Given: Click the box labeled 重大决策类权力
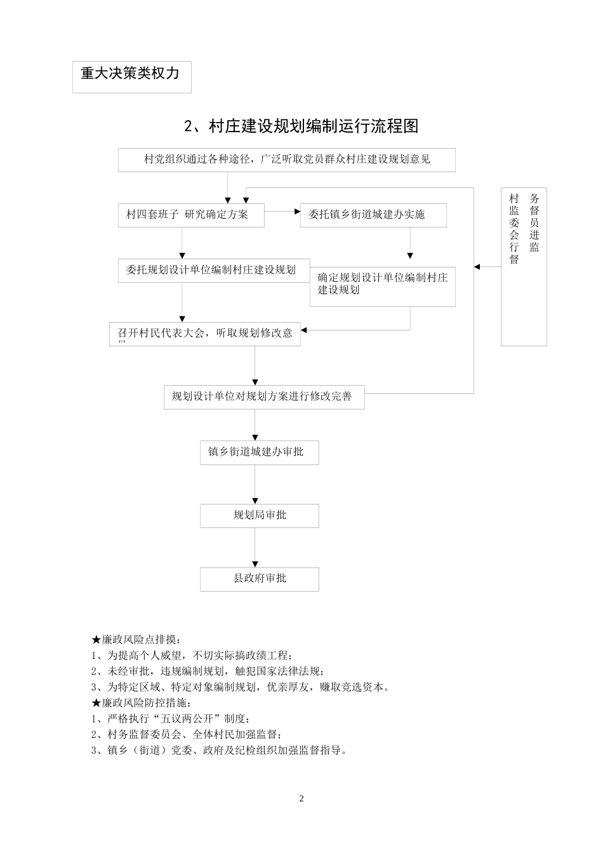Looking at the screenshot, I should tap(131, 76).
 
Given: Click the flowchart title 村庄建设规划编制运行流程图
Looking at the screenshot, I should tap(301, 126).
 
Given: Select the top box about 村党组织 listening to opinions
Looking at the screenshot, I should tap(286, 159).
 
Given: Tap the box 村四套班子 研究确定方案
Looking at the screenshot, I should tap(191, 215).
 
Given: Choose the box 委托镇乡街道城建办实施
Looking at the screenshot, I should tap(373, 215).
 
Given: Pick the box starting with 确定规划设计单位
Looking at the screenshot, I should tap(382, 286).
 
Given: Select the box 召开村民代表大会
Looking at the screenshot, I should tap(204, 334).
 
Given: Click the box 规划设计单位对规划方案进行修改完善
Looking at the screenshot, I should tap(263, 396).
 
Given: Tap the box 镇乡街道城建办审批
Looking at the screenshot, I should tap(259, 452).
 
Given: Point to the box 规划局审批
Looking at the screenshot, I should tap(259, 515).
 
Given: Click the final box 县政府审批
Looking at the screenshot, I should tap(259, 578).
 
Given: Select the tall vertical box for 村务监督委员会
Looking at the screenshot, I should tap(524, 266).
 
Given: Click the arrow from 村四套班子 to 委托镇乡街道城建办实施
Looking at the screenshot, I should tap(282, 210).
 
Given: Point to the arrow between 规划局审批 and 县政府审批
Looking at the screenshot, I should tap(255, 547).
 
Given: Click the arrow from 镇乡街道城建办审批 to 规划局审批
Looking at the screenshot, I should tap(255, 484).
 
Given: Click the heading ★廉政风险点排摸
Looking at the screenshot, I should tap(136, 639).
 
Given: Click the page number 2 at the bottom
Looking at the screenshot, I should tap(301, 799).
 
